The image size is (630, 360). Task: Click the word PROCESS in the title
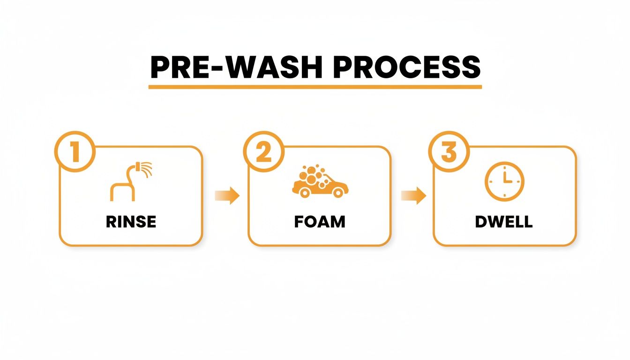[x=406, y=68]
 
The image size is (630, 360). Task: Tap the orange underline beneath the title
[x=315, y=87]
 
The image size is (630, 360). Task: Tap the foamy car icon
[x=320, y=181]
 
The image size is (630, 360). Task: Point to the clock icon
[x=504, y=181]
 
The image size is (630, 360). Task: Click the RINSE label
[x=131, y=221]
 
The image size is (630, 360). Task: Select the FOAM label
[x=320, y=221]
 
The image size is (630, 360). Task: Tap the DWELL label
[x=504, y=221]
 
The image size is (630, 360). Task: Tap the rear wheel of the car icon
[x=305, y=192]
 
